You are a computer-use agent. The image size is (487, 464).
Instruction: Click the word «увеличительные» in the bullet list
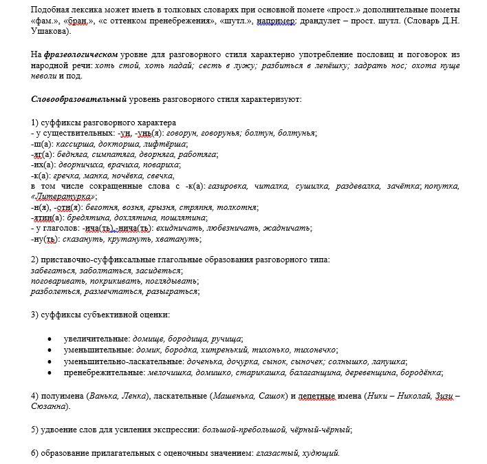point(96,339)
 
